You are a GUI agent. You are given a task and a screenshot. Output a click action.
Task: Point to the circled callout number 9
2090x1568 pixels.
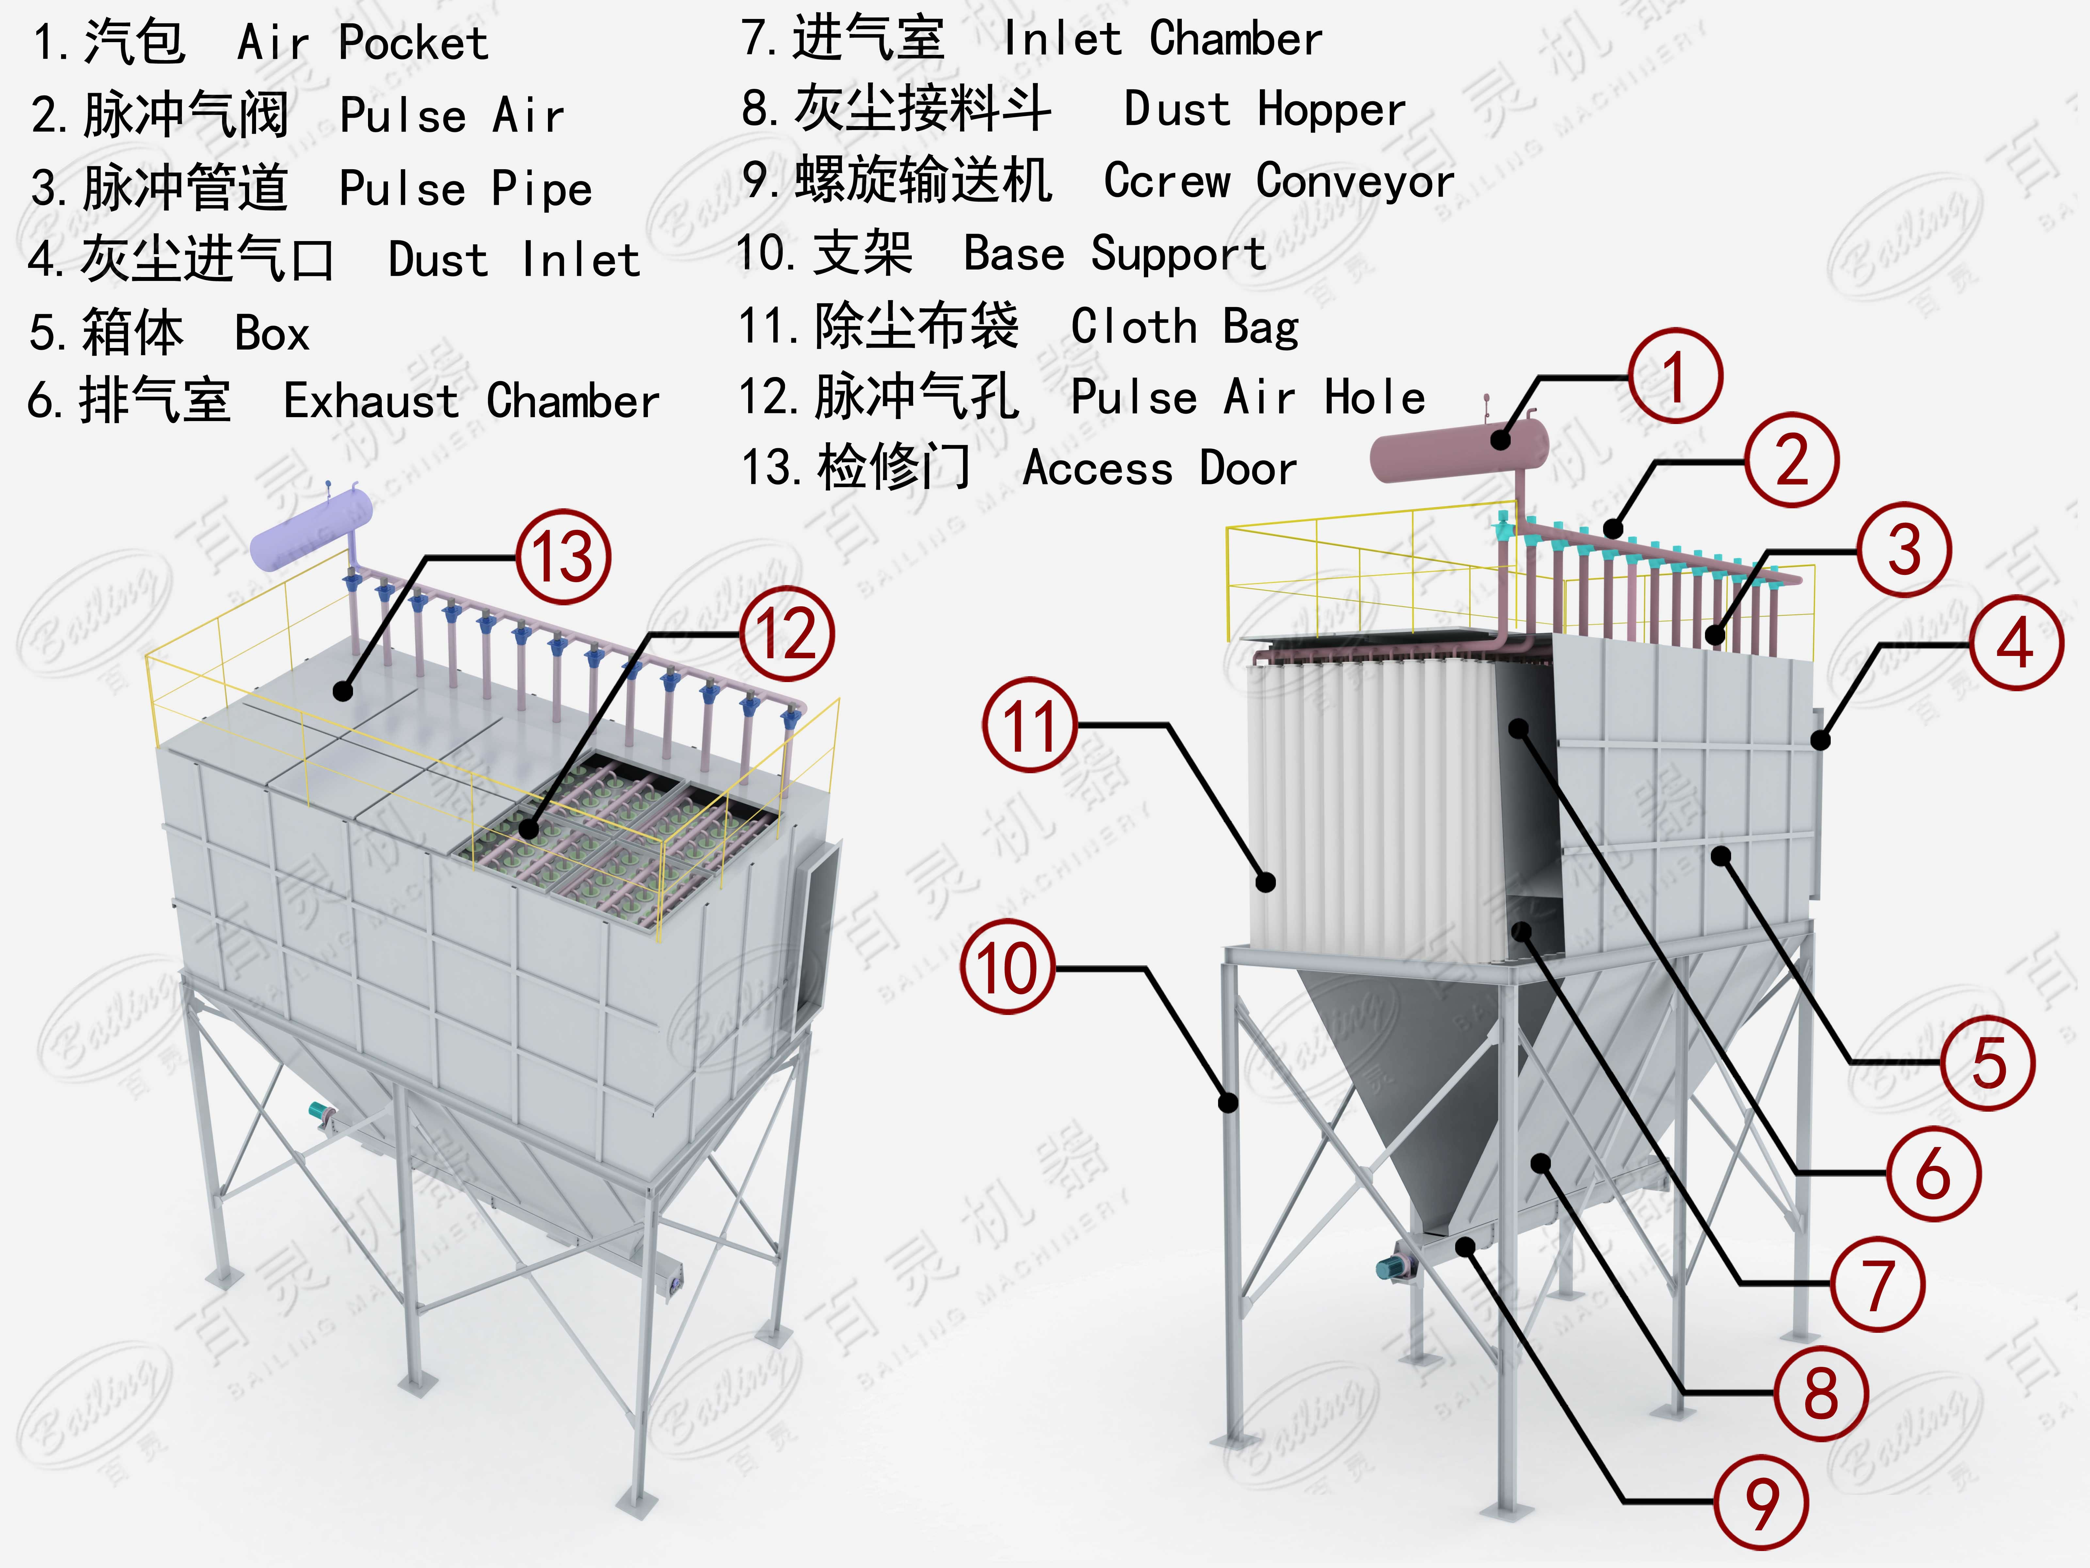click(1761, 1502)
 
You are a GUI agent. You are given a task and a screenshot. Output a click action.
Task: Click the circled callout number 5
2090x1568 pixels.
click(1988, 1062)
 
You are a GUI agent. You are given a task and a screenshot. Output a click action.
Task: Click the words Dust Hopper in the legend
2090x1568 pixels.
click(1264, 110)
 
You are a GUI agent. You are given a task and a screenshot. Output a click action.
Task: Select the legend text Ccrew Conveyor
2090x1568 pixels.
click(1278, 182)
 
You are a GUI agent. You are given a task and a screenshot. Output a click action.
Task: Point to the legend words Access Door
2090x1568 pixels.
click(1160, 468)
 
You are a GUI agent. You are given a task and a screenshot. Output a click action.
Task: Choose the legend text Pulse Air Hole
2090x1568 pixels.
click(1247, 397)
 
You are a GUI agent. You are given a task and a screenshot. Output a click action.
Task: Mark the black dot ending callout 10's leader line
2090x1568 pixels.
click(1228, 1102)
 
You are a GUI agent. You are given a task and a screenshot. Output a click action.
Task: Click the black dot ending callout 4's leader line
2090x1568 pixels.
click(1820, 741)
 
